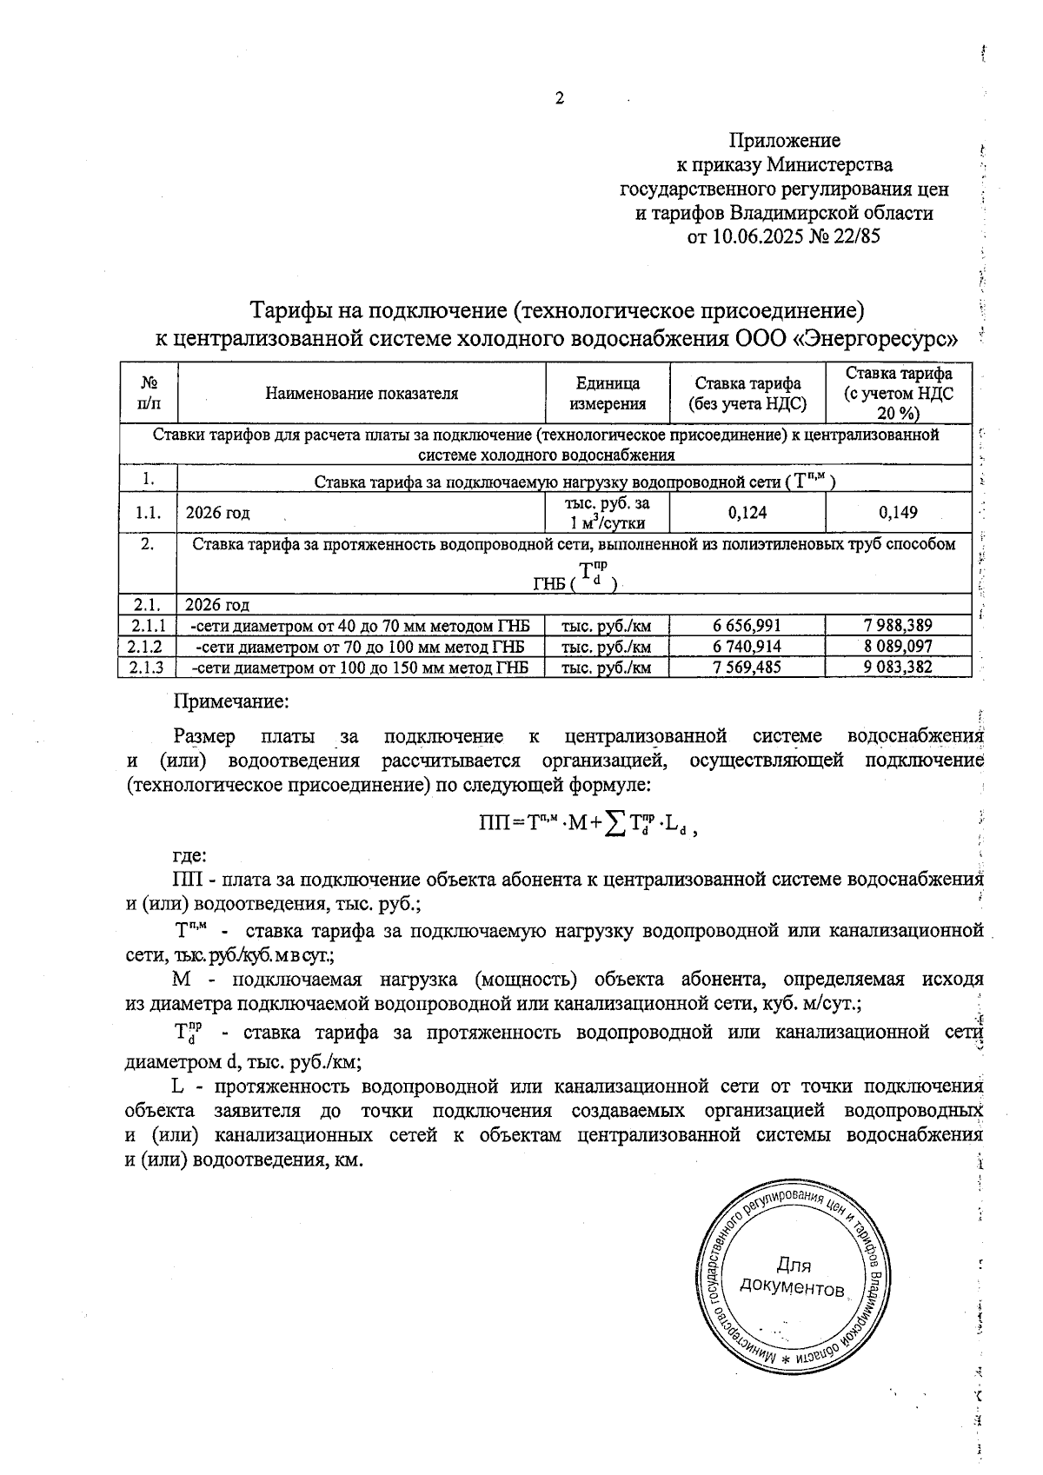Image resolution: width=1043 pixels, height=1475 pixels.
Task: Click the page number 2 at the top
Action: point(560,98)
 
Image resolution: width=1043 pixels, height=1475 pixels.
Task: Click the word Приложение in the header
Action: point(784,140)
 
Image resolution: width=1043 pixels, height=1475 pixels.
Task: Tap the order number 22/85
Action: point(855,236)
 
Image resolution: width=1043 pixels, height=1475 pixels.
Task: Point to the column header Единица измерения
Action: point(608,393)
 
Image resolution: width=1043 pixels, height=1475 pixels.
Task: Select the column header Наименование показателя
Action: point(362,393)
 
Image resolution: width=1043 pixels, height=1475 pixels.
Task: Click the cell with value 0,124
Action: point(747,513)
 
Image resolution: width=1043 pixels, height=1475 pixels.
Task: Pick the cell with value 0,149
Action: point(898,513)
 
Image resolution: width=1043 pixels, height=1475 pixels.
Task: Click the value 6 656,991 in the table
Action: point(747,626)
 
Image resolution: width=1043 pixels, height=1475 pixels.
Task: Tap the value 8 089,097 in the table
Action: point(898,647)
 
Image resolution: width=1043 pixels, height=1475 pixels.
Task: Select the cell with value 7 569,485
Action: point(747,668)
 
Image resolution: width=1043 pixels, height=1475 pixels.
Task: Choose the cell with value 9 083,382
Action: point(898,668)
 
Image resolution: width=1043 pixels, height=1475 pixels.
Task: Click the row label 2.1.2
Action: point(146,647)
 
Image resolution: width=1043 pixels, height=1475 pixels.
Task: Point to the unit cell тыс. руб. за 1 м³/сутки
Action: point(608,513)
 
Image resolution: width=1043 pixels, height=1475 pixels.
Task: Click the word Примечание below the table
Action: point(231,700)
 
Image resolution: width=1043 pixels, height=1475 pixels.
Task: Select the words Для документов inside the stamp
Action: point(792,1276)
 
